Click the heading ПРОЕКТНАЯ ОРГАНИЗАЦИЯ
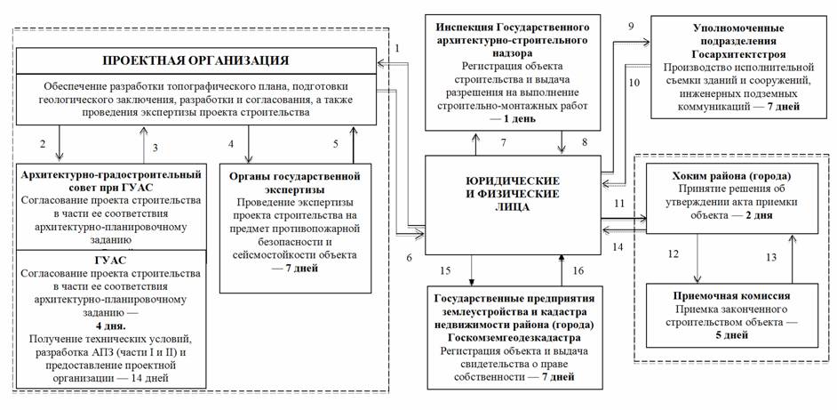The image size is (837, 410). pyautogui.click(x=195, y=60)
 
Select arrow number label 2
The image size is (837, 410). pyautogui.click(x=42, y=144)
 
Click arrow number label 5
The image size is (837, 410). pyautogui.click(x=336, y=144)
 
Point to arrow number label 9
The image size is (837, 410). pyautogui.click(x=631, y=25)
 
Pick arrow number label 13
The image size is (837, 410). pyautogui.click(x=770, y=258)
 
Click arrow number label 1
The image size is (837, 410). pyautogui.click(x=397, y=48)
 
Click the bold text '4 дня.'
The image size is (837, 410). pyautogui.click(x=111, y=325)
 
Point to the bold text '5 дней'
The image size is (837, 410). pyautogui.click(x=731, y=335)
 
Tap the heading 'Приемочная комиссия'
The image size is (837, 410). pyautogui.click(x=731, y=296)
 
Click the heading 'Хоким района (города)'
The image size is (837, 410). pyautogui.click(x=731, y=177)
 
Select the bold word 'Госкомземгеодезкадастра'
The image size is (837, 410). pyautogui.click(x=515, y=338)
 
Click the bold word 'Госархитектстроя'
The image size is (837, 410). pyautogui.click(x=731, y=54)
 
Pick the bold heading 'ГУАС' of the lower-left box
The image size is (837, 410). pyautogui.click(x=111, y=261)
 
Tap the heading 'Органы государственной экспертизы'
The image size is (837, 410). pyautogui.click(x=296, y=182)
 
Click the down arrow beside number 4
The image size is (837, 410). pyautogui.click(x=248, y=143)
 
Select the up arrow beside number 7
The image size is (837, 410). pyautogui.click(x=475, y=142)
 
